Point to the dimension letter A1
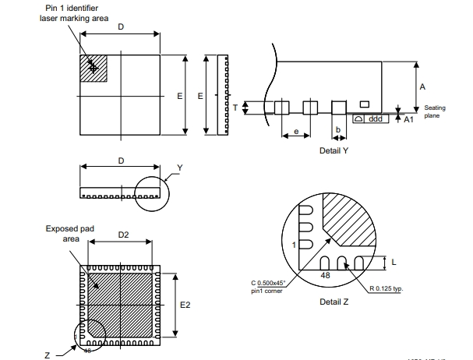click(409, 118)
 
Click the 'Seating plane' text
click(434, 112)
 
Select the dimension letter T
click(235, 108)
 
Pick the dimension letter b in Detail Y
click(337, 129)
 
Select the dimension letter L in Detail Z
click(394, 262)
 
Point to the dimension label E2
click(185, 305)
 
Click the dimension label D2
click(123, 234)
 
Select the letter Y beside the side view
click(179, 168)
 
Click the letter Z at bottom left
click(48, 355)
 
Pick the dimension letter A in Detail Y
click(422, 86)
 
